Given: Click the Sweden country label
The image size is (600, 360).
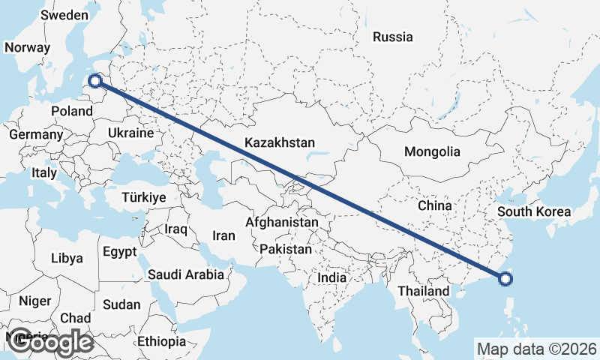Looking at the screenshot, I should [x=65, y=15].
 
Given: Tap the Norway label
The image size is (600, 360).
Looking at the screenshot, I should [x=27, y=47].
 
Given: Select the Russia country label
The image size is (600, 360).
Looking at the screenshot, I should [x=392, y=36].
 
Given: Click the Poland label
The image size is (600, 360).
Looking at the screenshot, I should [x=72, y=111].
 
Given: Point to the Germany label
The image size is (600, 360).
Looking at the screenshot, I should [x=35, y=134].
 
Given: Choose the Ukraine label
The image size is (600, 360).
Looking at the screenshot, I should [x=131, y=132].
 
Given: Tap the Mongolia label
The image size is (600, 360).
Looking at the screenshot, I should [x=432, y=151].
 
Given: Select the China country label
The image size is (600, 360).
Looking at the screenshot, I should [x=435, y=205].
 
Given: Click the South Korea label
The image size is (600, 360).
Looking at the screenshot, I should [x=534, y=211].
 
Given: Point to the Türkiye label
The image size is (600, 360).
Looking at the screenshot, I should [x=143, y=197].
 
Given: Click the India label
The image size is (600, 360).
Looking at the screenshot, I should [x=332, y=277].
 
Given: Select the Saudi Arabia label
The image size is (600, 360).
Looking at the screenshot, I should [x=186, y=274].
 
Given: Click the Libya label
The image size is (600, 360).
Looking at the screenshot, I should [x=67, y=258].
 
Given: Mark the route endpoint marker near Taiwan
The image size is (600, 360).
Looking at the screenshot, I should [x=505, y=279].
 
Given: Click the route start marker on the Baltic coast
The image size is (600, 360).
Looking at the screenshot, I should [x=95, y=80].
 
